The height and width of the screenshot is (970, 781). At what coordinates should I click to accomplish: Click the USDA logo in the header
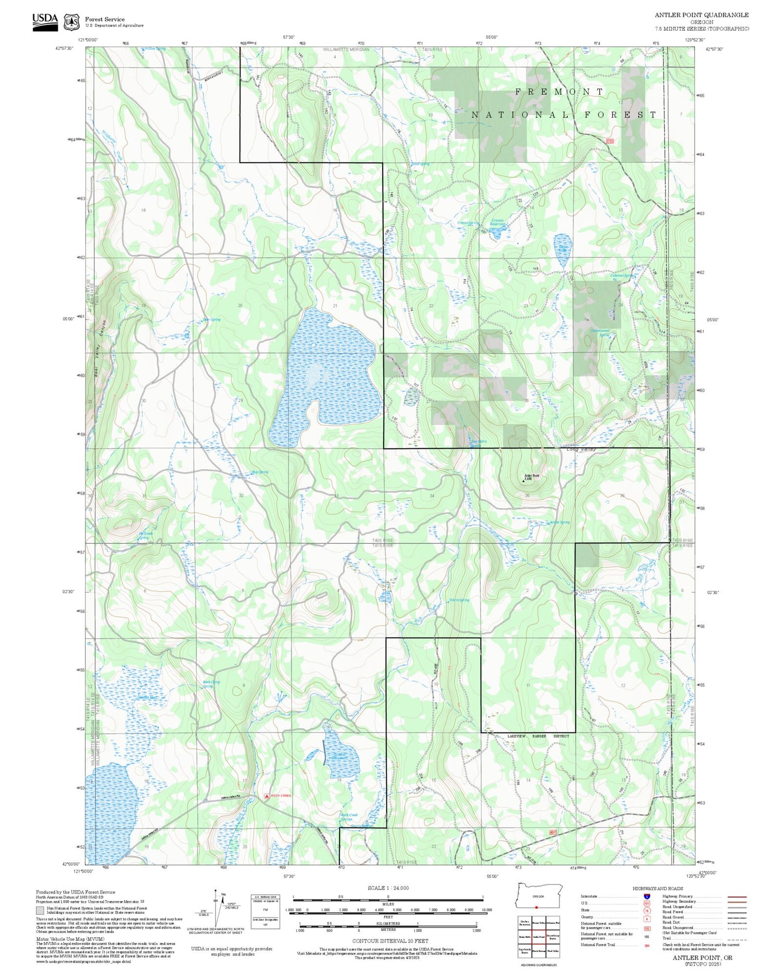coord(45,22)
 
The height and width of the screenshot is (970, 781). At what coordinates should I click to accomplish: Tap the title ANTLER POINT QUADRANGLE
coord(701,15)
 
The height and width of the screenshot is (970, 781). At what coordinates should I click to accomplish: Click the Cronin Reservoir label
coord(498,222)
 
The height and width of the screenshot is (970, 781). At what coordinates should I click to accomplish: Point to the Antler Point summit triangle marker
coord(523,481)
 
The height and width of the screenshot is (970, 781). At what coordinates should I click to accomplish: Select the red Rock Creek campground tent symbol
coord(267,795)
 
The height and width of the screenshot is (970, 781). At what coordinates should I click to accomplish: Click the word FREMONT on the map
coord(559,92)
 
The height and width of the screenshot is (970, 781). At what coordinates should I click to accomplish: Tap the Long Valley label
coord(580,449)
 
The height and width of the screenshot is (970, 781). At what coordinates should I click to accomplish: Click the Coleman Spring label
coord(622,276)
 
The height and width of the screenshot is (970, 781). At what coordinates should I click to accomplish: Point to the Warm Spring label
coord(459,600)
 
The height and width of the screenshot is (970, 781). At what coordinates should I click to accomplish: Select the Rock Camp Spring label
coord(211,683)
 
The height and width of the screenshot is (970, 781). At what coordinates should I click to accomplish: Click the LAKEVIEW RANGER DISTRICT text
coord(538,736)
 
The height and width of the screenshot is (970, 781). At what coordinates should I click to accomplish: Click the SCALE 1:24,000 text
coord(388,888)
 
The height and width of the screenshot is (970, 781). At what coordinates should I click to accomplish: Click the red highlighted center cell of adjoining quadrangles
coord(538,937)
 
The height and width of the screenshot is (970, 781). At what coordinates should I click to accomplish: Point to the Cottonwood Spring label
coord(600,332)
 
